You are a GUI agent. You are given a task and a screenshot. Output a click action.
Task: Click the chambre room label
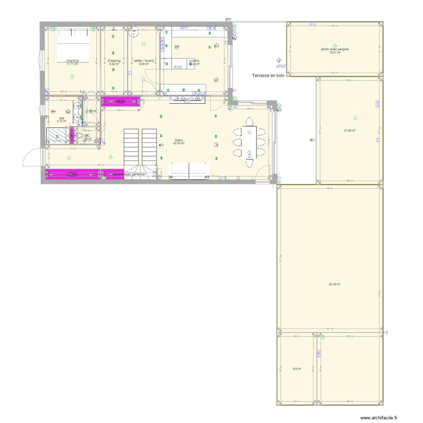pos(72,60)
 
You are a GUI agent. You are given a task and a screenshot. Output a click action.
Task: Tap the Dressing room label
pos(114,60)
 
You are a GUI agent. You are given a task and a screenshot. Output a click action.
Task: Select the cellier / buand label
pos(143,60)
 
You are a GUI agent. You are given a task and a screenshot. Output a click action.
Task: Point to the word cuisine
pos(194,60)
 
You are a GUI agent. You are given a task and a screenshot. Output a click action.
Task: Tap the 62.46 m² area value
pos(334,284)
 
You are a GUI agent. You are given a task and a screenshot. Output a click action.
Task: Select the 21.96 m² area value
pos(350,131)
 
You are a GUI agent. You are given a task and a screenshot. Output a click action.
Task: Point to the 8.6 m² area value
pos(296,369)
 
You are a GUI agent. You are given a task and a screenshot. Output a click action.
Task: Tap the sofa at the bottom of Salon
pos(190,170)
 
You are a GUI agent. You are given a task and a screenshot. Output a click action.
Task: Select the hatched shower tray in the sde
pos(58,135)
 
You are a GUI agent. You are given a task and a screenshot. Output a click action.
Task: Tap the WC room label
pos(87,135)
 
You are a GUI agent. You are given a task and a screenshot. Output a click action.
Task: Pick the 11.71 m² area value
pos(72,64)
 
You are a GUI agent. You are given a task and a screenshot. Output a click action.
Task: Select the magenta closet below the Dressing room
pos(120,102)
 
